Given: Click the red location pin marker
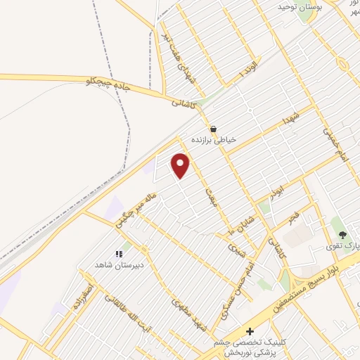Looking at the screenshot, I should [x=181, y=165].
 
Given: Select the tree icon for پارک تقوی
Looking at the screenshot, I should [x=342, y=235].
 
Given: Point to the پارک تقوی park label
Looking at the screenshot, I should [x=345, y=246].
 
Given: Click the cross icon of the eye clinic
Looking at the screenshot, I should [x=248, y=331].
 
